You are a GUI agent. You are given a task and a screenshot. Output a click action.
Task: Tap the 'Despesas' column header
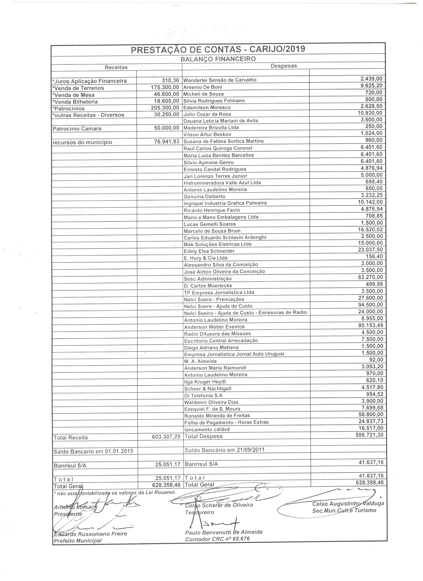[284, 66]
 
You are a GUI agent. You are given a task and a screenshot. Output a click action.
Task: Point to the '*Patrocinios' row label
[69, 108]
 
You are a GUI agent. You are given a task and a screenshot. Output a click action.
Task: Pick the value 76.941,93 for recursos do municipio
[167, 141]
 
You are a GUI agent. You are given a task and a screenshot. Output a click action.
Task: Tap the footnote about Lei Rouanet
[115, 492]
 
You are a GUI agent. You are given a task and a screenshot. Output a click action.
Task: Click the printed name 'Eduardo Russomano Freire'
[90, 534]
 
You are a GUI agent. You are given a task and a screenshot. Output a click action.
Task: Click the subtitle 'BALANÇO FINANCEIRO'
[218, 59]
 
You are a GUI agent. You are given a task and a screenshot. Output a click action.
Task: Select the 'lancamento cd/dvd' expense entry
[207, 429]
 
